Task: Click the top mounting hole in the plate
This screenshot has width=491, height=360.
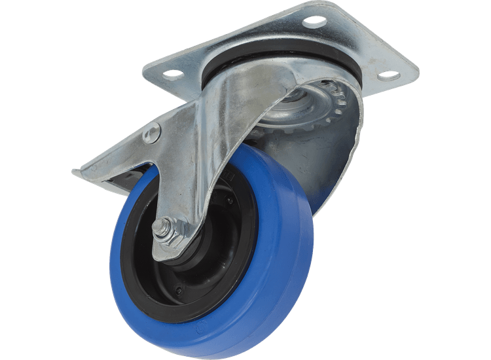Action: tap(314, 21)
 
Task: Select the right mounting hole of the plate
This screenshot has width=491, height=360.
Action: tap(388, 75)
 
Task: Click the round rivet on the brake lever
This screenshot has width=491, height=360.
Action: tap(151, 133)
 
